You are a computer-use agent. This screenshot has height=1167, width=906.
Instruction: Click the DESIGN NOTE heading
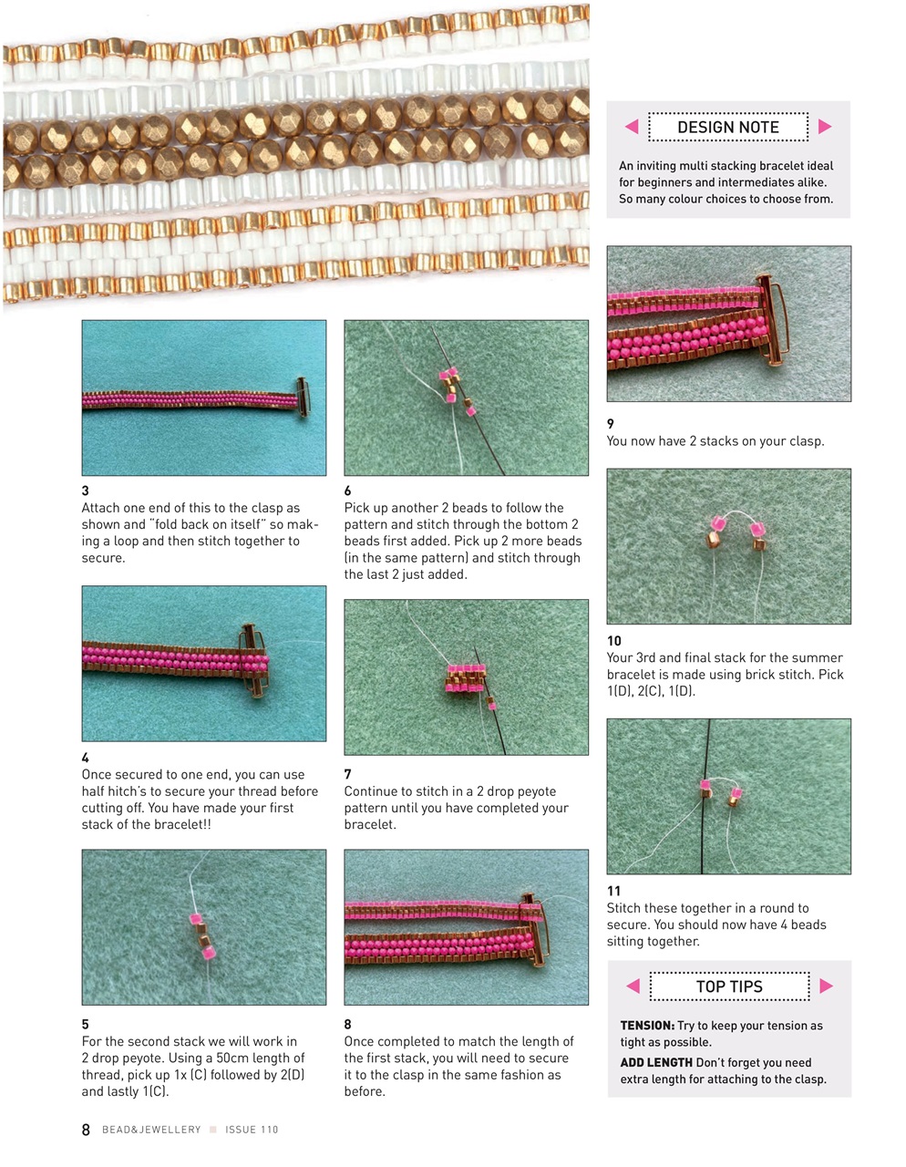click(727, 128)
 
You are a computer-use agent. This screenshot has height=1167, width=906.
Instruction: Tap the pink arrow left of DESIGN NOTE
click(632, 127)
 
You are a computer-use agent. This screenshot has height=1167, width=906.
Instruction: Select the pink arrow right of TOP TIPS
click(826, 986)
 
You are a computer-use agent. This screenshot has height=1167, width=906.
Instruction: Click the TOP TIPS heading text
click(729, 986)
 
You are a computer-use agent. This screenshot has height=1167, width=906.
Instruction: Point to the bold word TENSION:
click(647, 1026)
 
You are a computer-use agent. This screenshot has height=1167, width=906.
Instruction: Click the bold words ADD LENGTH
click(656, 1063)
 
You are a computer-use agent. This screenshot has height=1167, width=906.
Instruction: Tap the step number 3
click(86, 491)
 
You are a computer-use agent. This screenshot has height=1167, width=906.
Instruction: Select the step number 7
click(347, 774)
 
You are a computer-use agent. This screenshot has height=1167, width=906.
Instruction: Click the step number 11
click(613, 891)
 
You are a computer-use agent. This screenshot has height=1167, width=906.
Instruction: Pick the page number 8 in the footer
click(86, 1130)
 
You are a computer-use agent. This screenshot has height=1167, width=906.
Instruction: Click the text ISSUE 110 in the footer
click(252, 1130)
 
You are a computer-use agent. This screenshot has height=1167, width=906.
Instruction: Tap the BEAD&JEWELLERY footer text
click(151, 1130)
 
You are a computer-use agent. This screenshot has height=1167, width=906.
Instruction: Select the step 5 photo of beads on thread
click(203, 927)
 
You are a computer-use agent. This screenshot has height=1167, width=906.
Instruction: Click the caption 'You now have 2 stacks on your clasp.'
click(716, 441)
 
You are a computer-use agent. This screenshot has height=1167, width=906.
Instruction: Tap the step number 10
click(614, 641)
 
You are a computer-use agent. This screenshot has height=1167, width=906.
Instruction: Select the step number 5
click(86, 1025)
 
